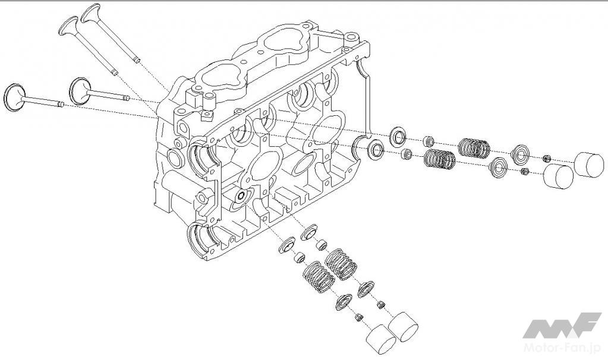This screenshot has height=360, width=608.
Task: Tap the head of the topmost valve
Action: pyautogui.click(x=90, y=13)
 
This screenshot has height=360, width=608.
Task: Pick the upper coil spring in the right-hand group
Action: pyautogui.click(x=474, y=147)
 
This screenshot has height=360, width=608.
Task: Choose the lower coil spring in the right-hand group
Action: pyautogui.click(x=440, y=159)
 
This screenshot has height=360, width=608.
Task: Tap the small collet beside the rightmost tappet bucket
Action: pyautogui.click(x=547, y=158)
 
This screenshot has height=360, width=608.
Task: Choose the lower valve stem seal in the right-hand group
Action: pyautogui.click(x=407, y=155)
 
